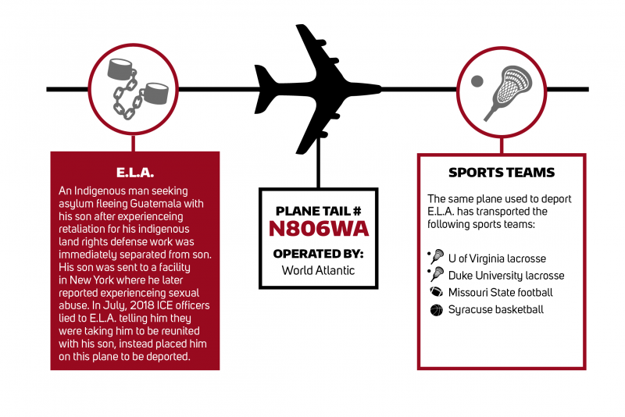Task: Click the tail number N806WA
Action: click(319, 229)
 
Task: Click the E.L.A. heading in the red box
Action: click(135, 173)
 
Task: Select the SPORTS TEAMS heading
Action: click(502, 173)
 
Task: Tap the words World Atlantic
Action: click(318, 270)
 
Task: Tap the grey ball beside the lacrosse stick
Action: click(477, 81)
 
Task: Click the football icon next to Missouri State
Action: click(437, 292)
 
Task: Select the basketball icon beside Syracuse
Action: click(437, 310)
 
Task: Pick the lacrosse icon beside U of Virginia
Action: click(436, 256)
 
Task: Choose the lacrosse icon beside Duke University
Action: click(436, 274)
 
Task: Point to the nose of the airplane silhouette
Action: click(380, 89)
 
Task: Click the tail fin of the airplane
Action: click(265, 89)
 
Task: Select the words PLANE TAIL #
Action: click(319, 211)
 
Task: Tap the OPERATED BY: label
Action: click(318, 254)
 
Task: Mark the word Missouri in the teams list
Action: click(467, 293)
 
